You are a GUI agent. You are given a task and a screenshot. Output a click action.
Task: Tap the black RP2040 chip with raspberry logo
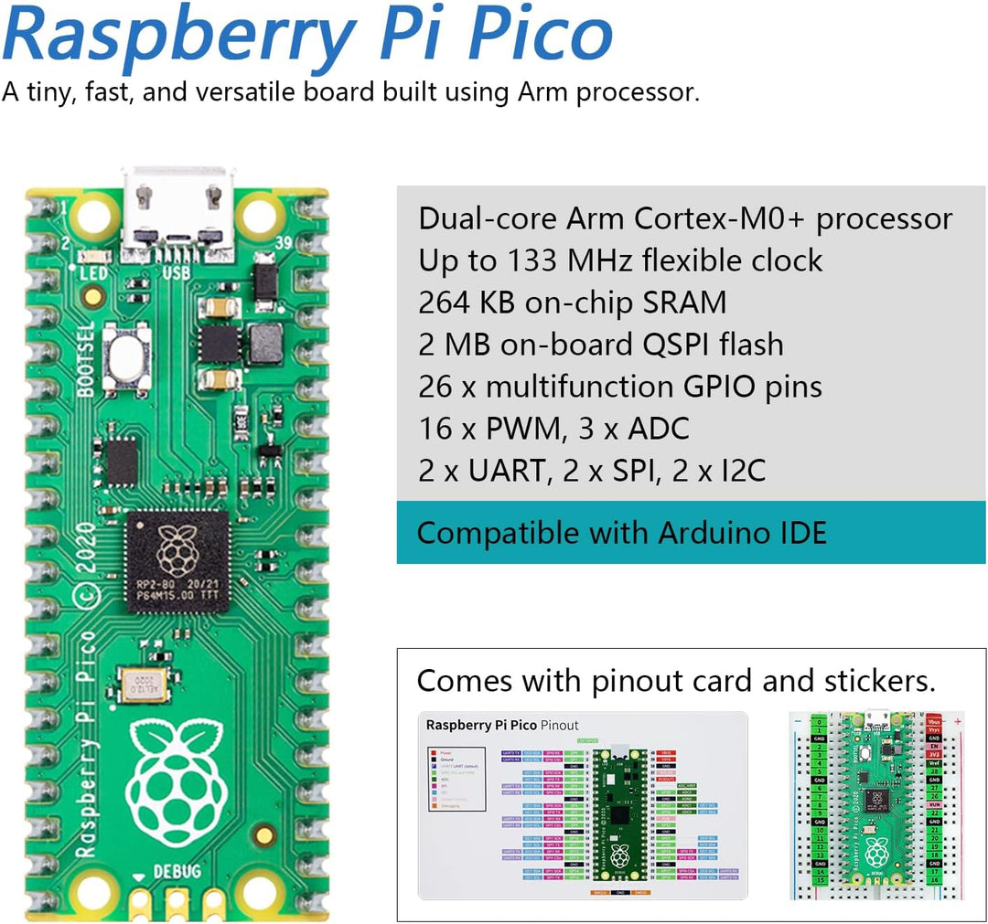click(177, 560)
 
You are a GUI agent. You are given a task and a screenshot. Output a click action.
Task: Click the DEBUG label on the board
click(177, 871)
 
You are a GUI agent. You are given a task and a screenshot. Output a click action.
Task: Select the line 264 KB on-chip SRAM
click(572, 303)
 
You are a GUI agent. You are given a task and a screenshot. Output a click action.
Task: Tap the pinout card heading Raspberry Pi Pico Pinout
click(502, 726)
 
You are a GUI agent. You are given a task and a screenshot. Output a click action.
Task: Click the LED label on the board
click(94, 273)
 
